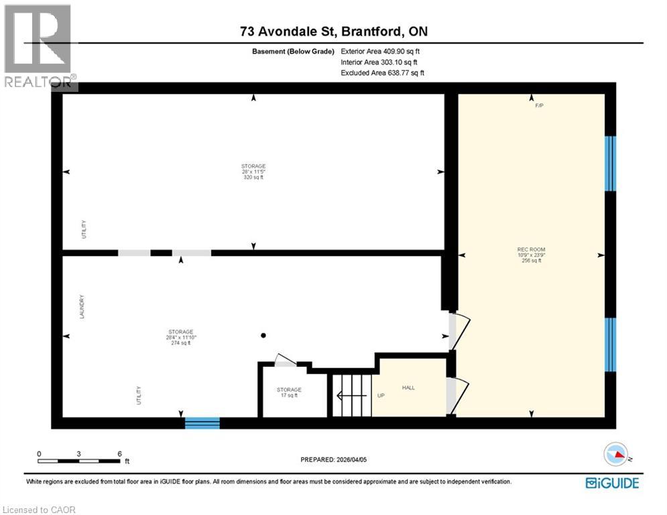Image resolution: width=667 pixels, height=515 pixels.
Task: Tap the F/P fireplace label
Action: (539, 106)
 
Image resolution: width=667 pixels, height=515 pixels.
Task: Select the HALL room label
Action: (409, 388)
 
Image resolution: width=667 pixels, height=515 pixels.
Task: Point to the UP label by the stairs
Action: (381, 395)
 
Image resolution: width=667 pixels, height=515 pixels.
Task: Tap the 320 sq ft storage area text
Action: (253, 177)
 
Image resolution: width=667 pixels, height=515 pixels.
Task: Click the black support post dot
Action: (263, 335)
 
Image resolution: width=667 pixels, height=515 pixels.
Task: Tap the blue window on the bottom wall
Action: (202, 422)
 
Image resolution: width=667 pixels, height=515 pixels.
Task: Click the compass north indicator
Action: (617, 455)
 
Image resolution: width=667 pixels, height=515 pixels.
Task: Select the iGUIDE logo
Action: (612, 483)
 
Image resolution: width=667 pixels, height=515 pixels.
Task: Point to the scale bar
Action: (79, 460)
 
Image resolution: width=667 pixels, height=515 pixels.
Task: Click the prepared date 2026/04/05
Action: (334, 460)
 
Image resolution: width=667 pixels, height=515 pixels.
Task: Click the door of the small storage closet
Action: (286, 360)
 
